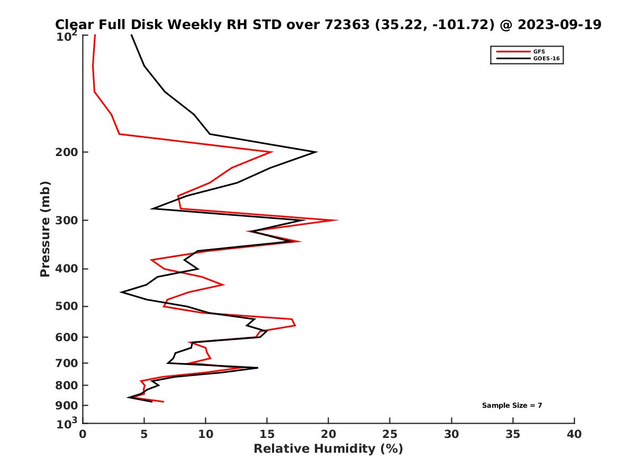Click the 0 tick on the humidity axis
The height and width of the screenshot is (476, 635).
[x=83, y=434]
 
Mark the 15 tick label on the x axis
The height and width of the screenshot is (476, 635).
[x=267, y=434]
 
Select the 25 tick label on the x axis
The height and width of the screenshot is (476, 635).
[x=390, y=434]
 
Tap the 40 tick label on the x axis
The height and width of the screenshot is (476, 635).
[x=574, y=434]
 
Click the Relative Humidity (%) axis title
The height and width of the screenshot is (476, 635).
[x=328, y=449]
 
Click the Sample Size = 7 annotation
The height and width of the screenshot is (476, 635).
[x=512, y=406]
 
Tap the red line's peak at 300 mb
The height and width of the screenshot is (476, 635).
[x=338, y=220]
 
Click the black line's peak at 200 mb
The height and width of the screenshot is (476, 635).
[x=316, y=152]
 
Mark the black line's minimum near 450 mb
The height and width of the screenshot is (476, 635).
[x=122, y=292]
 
